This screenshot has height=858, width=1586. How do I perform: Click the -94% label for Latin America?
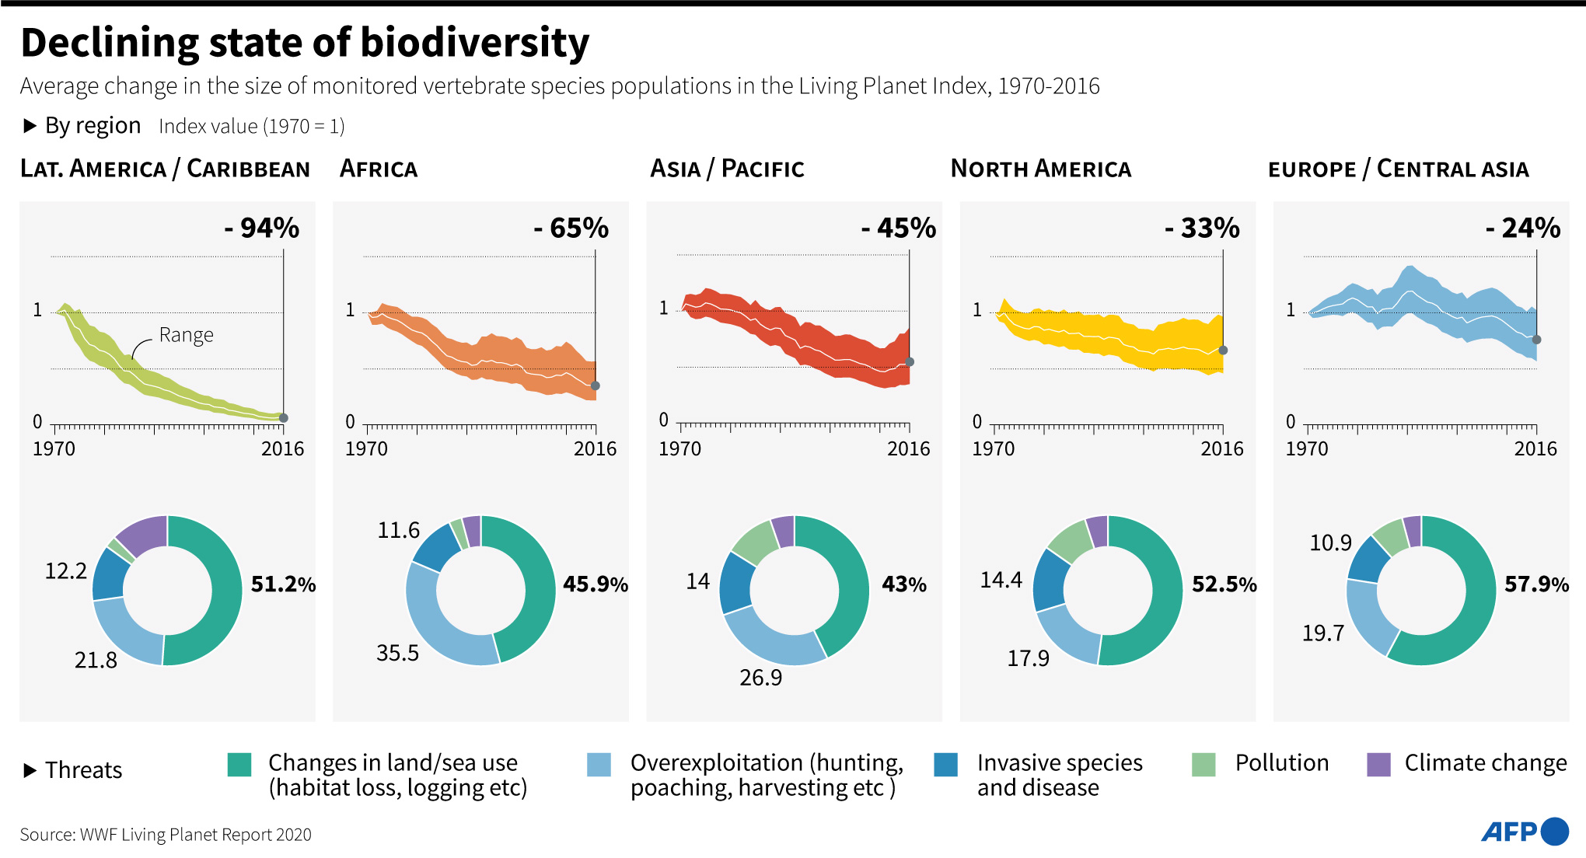[262, 228]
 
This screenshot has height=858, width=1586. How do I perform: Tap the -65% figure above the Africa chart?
[571, 228]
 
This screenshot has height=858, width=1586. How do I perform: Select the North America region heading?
[1041, 169]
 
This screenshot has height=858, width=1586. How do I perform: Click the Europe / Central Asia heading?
[1399, 169]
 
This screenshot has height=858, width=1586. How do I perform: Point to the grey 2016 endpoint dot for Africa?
[596, 385]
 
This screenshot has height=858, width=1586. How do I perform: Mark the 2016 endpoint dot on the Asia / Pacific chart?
[910, 361]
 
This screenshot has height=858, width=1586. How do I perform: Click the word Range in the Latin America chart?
[187, 335]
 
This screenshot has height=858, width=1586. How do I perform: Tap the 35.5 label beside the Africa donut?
[397, 653]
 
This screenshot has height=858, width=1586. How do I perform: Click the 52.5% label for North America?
[1224, 584]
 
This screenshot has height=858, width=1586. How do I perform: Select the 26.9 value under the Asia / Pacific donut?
[761, 678]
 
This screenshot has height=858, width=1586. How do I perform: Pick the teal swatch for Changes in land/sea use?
[239, 765]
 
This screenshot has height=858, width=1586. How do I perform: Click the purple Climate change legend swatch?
[1378, 765]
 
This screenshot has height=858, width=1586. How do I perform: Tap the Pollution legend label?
[1282, 763]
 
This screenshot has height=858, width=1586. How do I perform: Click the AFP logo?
[1525, 832]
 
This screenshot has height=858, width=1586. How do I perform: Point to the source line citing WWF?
[166, 835]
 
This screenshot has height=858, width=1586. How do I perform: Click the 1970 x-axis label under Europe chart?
[1307, 448]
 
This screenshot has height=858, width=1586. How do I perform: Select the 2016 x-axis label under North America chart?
[1222, 448]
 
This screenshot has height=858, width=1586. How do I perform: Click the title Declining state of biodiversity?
[305, 44]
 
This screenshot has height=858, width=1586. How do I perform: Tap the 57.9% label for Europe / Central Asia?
[1537, 584]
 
